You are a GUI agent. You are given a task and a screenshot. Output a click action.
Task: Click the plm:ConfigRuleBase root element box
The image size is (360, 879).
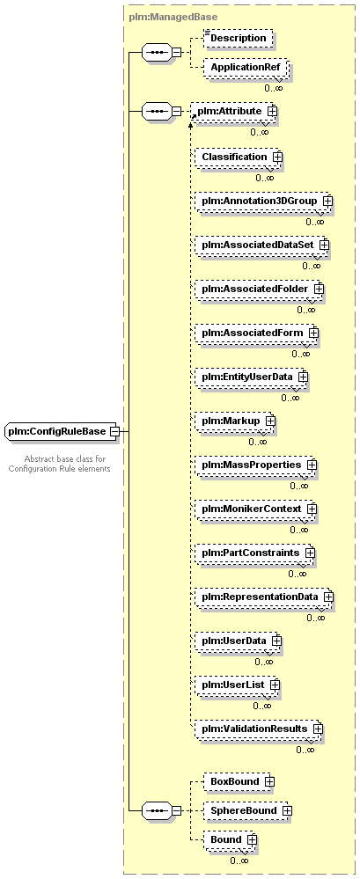click(61, 431)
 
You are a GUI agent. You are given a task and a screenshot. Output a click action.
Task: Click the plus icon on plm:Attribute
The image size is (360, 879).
click(273, 111)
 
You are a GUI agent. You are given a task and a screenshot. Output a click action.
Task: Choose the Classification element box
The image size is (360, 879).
click(239, 157)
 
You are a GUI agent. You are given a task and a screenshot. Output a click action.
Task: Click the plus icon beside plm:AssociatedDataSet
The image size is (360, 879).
click(324, 245)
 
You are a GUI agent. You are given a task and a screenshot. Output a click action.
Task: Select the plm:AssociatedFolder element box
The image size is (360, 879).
click(260, 289)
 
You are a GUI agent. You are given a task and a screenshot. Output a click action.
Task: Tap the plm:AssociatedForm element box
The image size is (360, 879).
click(257, 333)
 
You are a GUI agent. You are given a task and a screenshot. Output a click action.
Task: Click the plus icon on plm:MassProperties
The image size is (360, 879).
click(312, 465)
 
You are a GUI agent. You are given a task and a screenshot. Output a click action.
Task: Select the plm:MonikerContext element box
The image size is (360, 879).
click(256, 509)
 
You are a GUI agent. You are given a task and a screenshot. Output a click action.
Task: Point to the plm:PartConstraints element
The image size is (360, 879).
click(255, 553)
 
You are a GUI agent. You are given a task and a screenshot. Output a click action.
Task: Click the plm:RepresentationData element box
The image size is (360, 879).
click(264, 597)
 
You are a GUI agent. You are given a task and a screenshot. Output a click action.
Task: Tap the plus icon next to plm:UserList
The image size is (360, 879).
click(275, 685)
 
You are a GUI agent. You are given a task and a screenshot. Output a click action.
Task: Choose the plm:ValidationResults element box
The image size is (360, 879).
click(259, 729)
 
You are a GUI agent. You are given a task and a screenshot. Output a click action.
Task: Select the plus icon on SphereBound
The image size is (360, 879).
click(287, 810)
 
